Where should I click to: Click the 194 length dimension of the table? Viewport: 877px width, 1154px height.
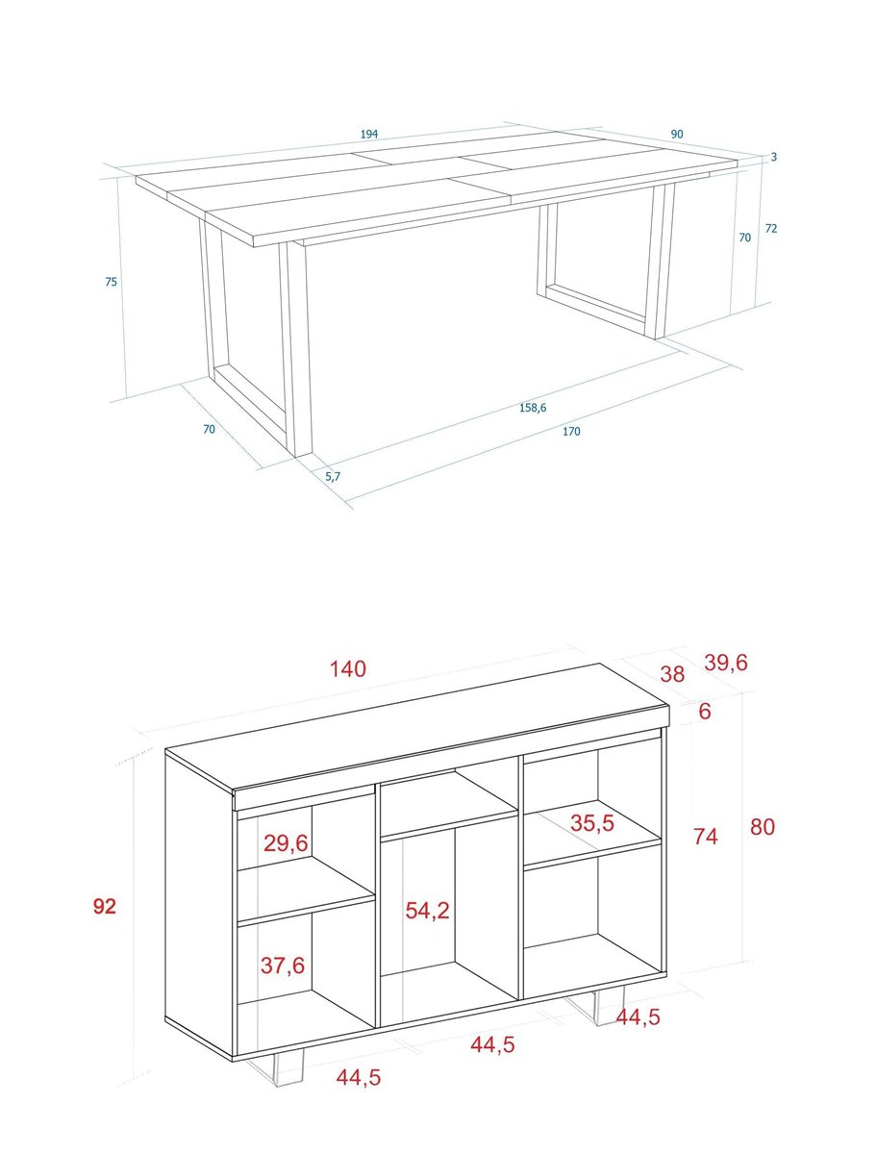pos(369,134)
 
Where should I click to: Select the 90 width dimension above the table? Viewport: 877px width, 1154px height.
pos(677,134)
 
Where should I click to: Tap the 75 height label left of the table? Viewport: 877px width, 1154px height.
pos(111,282)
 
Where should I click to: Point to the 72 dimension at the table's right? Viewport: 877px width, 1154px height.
pos(771,228)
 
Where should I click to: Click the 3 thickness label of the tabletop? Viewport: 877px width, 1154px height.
pos(773,157)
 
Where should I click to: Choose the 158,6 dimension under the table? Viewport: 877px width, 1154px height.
pos(533,408)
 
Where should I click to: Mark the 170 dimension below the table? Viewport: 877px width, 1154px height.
pos(571,431)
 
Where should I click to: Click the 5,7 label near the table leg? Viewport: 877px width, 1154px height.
pos(333,476)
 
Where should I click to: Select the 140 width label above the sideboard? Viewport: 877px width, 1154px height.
pos(348,668)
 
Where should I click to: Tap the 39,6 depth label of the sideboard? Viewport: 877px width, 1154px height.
pos(726,663)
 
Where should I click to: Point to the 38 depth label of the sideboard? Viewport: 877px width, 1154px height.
pos(672,674)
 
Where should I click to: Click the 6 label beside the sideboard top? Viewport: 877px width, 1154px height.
pos(705,712)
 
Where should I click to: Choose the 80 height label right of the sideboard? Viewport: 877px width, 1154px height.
pos(763,827)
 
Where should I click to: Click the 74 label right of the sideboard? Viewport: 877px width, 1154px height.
pos(705,836)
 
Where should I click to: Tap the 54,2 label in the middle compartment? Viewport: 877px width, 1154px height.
pos(427,911)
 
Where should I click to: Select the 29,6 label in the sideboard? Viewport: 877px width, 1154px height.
pos(286,843)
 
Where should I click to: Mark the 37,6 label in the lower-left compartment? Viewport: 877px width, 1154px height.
pos(283,966)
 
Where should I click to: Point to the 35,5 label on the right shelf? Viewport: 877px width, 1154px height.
pos(592,823)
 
